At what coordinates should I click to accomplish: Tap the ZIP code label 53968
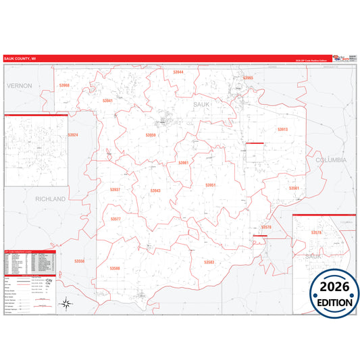point(64,86)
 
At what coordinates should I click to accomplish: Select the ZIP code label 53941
point(107,101)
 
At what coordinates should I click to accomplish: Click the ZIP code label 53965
point(247,78)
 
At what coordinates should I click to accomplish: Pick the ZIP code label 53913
point(282,129)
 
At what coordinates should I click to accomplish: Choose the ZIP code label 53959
point(151,135)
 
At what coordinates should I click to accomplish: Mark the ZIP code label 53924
point(73,135)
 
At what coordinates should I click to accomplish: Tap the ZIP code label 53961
point(184,163)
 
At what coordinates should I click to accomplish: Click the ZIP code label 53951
point(211,185)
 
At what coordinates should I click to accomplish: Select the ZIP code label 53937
point(115,190)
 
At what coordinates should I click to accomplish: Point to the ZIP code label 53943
point(155,191)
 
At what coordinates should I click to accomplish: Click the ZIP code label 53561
point(294,188)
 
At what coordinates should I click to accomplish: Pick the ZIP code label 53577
point(115,220)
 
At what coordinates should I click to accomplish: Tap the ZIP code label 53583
point(209,261)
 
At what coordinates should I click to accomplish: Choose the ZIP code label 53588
point(115,268)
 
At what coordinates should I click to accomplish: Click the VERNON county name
point(20,86)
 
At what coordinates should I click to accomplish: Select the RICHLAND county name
point(51,199)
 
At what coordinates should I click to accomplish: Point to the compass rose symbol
point(66,303)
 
